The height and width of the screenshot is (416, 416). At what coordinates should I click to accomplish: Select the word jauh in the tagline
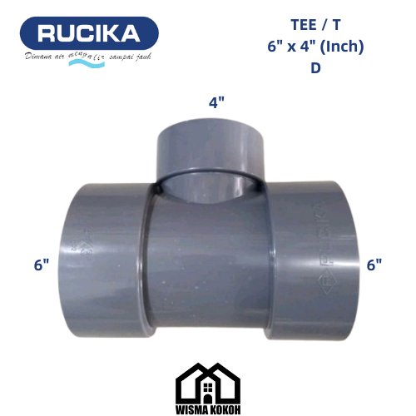coord(147,57)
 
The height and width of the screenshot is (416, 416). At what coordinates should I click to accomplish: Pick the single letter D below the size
coord(315,67)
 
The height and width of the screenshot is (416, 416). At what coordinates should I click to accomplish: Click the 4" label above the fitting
coord(216,103)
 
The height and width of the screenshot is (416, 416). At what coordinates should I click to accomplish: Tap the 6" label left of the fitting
coord(42,265)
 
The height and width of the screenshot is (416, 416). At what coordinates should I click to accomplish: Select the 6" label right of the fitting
coord(374,265)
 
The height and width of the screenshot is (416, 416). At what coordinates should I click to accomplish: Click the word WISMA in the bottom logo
coord(192,408)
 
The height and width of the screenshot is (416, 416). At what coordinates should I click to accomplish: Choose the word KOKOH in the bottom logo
coord(225,408)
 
